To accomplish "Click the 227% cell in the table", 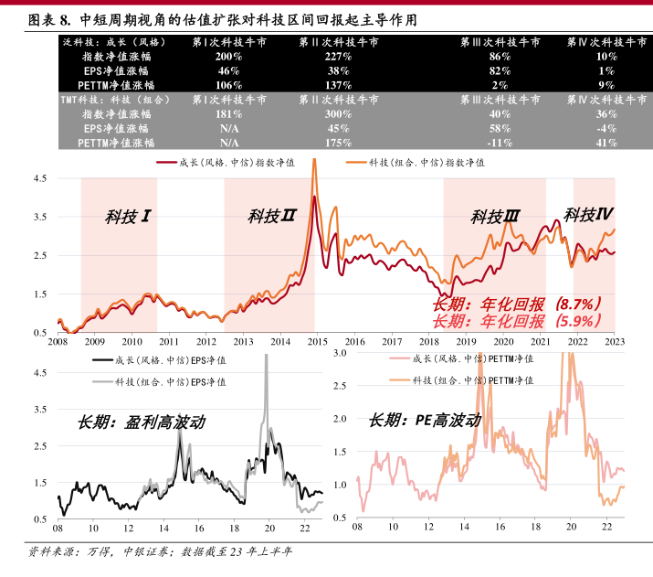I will tap(339, 57).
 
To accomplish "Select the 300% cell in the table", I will tap(339, 114).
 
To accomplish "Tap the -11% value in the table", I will tap(500, 143).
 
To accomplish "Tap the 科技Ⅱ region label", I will tap(271, 217).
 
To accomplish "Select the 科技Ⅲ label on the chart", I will tap(495, 218).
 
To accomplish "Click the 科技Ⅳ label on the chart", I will tap(587, 215).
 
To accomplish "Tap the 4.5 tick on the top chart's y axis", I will tap(40, 179).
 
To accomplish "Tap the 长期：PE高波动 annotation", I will tap(424, 422).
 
